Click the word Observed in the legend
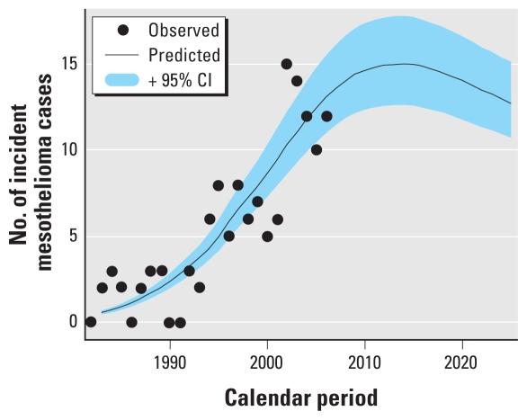[185, 30]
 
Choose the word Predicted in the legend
[185, 55]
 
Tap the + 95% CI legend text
[183, 80]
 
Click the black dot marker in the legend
[123, 30]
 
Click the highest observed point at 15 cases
[286, 64]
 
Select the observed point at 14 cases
[297, 81]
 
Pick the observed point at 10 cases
[316, 149]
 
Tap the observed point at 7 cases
[257, 201]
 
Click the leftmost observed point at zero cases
[91, 321]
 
